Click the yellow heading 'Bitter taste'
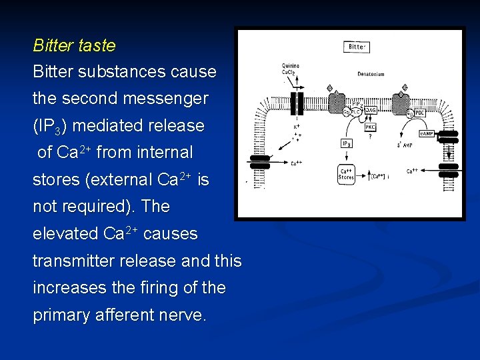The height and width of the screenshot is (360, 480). coord(74,46)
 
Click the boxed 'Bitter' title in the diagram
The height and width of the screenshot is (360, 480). coord(357,47)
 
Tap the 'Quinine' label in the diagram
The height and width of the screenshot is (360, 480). coord(290,66)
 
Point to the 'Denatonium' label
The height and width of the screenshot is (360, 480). coord(371,74)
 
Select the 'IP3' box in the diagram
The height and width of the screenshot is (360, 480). coord(347,144)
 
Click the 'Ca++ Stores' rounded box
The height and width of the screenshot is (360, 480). coord(347,175)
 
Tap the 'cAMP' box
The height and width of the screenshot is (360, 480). coord(426,133)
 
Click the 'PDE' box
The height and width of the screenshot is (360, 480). coord(419,113)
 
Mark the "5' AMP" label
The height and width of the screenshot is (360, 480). coord(404,143)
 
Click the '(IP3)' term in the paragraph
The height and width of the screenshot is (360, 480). coord(49,126)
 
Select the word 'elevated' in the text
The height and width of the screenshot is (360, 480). coord(66,234)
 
